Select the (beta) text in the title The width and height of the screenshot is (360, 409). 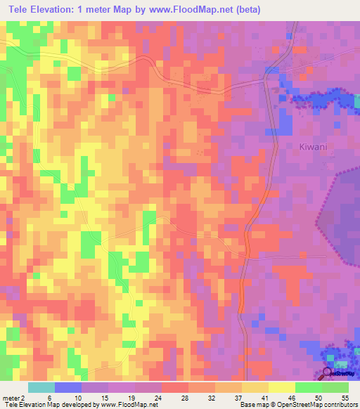point(266,9)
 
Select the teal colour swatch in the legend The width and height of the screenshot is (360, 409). point(41,388)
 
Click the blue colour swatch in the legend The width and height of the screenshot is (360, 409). point(68,388)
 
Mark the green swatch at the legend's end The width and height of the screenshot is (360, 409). point(335,388)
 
